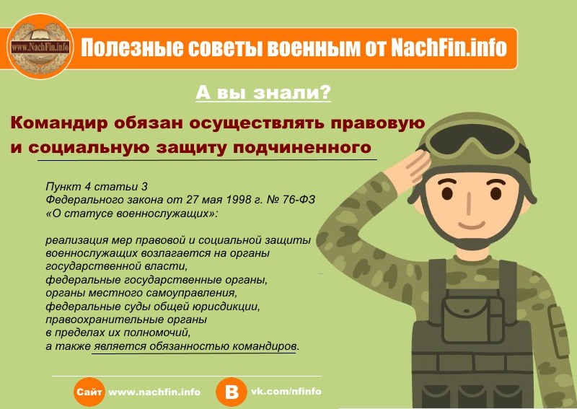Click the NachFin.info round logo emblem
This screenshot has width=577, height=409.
40,48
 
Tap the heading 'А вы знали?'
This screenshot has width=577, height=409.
264,93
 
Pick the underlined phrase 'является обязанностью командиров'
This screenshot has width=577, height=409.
195,347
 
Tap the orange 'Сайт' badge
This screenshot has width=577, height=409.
89,392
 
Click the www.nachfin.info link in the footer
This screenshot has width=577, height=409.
154,392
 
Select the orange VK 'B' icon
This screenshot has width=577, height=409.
232,392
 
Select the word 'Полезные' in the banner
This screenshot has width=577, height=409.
119,48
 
